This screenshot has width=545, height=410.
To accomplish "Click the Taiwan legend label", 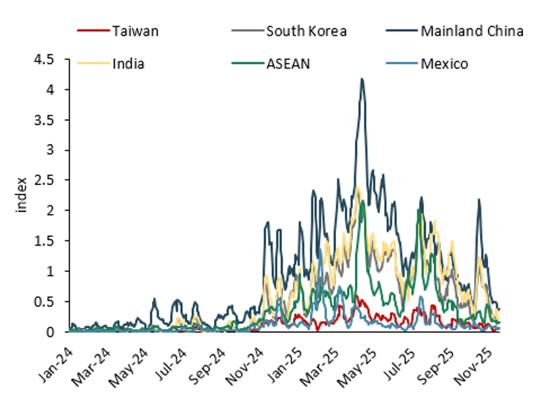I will [x=135, y=31].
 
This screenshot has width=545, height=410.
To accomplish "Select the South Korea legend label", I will [x=306, y=31].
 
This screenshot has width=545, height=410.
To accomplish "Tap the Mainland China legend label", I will [x=471, y=31].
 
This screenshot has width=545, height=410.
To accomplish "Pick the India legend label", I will [x=128, y=64].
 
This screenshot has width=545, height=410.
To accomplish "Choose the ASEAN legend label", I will [x=288, y=64].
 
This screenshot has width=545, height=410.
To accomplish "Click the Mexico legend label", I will [x=444, y=64].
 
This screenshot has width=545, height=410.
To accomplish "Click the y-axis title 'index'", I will [x=21, y=195].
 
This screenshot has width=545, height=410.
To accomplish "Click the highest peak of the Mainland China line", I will [x=362, y=79].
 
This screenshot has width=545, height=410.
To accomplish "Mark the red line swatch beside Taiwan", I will [x=92, y=31].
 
